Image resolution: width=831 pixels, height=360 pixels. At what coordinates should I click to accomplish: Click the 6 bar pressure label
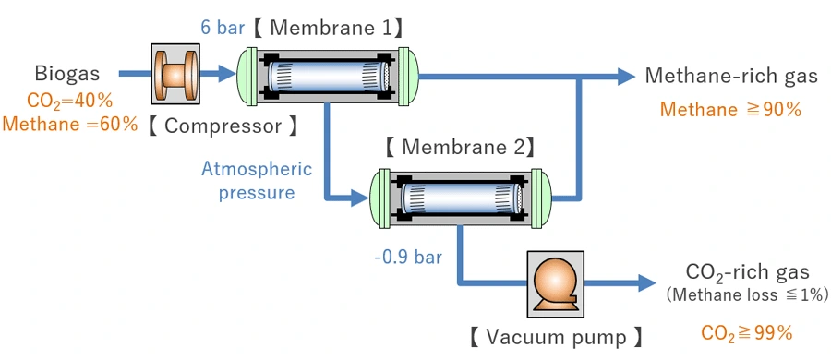click(224, 28)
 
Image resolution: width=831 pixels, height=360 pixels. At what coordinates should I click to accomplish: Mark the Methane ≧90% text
click(730, 110)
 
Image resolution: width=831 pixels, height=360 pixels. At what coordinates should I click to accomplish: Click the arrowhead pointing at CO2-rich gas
click(644, 282)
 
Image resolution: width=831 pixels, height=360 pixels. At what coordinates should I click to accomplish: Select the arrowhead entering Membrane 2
click(359, 197)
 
